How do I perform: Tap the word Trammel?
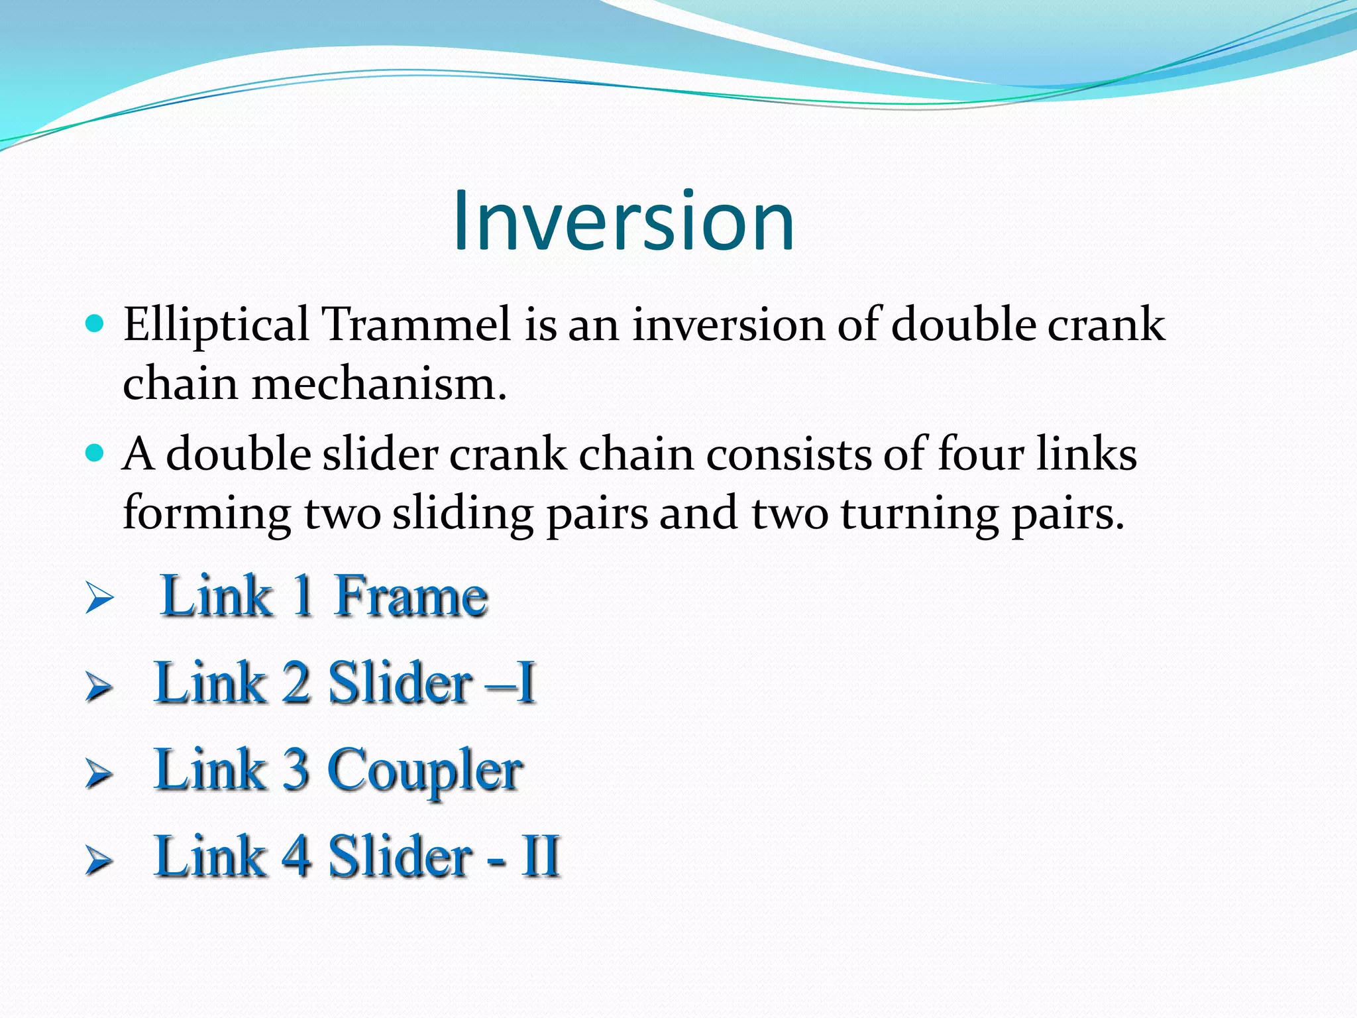(x=415, y=325)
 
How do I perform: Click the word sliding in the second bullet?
(x=462, y=514)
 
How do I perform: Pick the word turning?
(x=920, y=514)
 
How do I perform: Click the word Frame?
(x=411, y=596)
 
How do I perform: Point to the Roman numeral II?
(x=541, y=856)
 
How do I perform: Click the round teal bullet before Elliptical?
(x=95, y=323)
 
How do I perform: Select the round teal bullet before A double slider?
(x=95, y=453)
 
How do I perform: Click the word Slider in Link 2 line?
(x=400, y=683)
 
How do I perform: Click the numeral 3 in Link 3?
(x=296, y=770)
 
